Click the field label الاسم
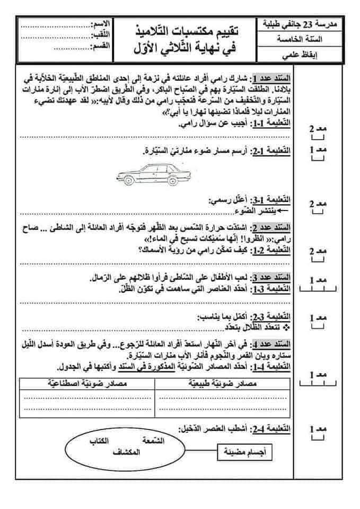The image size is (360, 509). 101,25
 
